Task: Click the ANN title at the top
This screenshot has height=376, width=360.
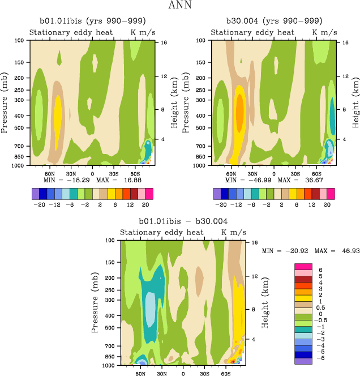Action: coord(179,6)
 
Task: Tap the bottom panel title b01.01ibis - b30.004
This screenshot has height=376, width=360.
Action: coord(183,221)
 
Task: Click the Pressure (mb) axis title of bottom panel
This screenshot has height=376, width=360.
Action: coord(95,302)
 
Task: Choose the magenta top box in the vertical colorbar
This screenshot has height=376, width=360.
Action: coord(303,266)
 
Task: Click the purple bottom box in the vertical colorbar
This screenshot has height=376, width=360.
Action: coord(303,361)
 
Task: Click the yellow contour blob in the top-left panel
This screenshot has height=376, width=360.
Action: coord(57,116)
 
